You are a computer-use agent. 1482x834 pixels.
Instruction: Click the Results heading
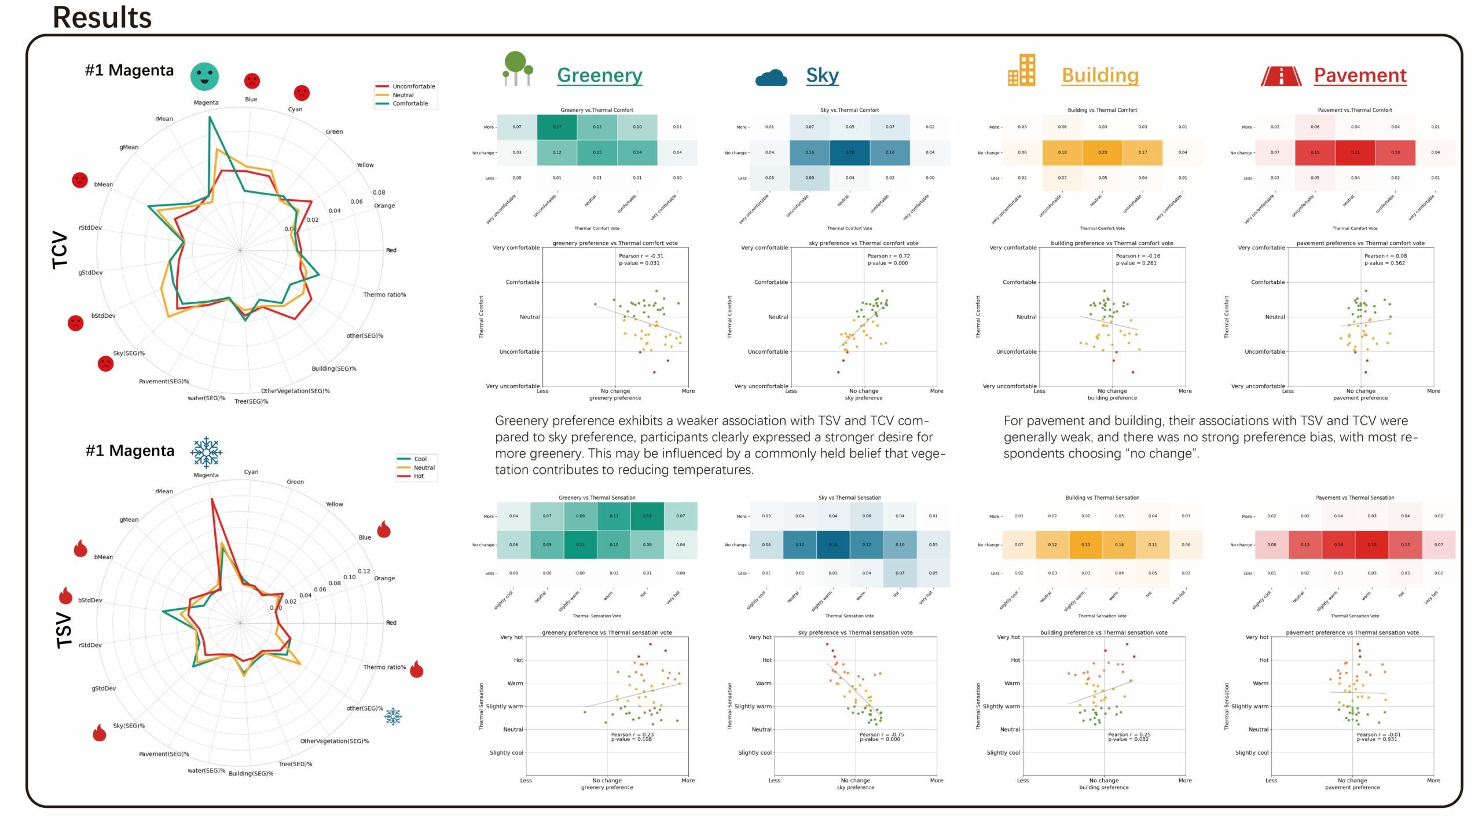102,17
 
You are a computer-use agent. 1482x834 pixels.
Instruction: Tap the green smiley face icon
204,76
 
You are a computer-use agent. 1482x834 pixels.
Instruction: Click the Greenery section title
599,75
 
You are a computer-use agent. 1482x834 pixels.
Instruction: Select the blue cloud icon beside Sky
771,78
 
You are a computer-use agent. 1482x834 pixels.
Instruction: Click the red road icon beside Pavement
1281,76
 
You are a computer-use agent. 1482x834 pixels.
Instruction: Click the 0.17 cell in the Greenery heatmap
556,127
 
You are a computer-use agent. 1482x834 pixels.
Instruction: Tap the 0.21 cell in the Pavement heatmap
1355,152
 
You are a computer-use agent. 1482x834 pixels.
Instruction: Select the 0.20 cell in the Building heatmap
1102,152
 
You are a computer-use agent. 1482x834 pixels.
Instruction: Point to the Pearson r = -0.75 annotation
881,734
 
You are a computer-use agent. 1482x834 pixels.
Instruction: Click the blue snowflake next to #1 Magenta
206,452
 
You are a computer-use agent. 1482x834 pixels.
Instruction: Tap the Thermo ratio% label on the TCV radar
384,295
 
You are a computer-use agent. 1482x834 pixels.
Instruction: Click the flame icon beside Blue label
383,529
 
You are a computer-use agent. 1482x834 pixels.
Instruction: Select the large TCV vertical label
60,250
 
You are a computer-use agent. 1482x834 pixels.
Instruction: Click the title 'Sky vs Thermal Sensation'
849,498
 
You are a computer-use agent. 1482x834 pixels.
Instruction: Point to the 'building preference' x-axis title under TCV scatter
1111,398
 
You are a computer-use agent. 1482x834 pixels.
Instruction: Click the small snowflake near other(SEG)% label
393,716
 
